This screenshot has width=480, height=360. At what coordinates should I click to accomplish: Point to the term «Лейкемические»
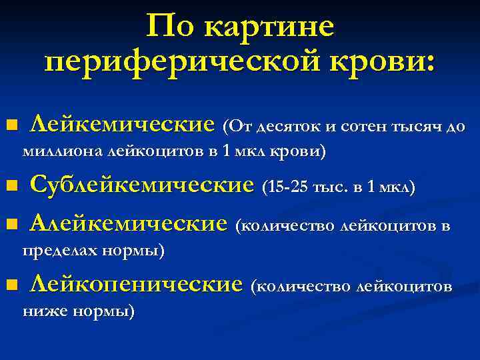click(123, 125)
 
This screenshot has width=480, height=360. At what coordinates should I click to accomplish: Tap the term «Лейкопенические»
click(136, 285)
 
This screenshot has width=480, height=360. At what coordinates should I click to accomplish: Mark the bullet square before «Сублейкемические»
click(9, 185)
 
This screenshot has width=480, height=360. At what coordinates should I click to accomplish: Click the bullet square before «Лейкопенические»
click(9, 286)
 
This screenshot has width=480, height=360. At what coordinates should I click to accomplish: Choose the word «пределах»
click(60, 251)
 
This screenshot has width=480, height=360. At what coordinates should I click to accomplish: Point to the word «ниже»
click(43, 311)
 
